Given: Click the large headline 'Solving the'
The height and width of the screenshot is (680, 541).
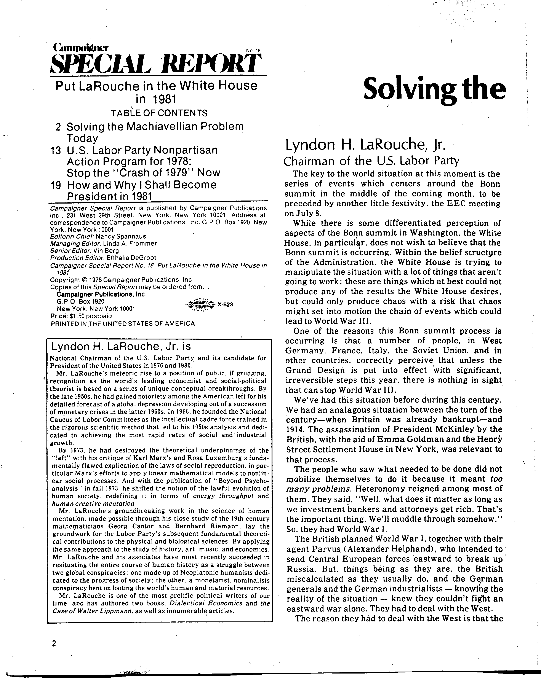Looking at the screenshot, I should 434,89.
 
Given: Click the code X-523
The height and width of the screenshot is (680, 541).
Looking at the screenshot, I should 225,305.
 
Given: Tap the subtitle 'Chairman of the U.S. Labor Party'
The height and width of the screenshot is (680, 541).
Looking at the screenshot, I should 371,161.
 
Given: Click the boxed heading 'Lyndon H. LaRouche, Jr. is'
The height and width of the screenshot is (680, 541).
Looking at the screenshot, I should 121,346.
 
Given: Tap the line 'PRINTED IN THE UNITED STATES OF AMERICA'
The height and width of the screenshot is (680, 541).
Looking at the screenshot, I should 122,324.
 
